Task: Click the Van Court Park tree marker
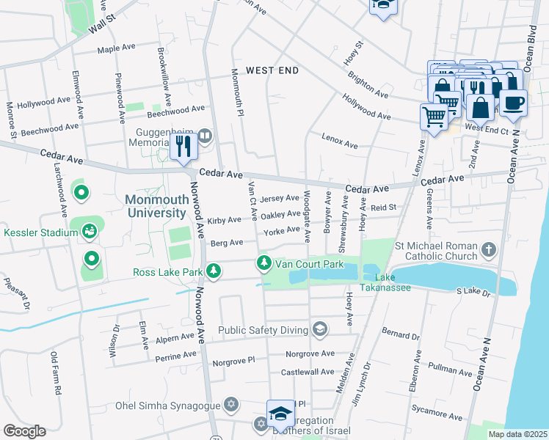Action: coord(263,263)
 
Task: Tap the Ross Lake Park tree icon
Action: coord(214,272)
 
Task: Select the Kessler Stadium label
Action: coord(40,233)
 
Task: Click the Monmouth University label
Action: coord(155,206)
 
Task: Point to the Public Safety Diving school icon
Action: coord(319,330)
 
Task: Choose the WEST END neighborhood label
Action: coord(272,70)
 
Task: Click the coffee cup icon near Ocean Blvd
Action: coord(513,103)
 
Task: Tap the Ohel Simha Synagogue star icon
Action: coord(231,405)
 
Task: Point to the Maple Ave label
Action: coord(117,48)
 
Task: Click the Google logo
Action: coord(24,431)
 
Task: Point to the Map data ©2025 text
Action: coord(517,434)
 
